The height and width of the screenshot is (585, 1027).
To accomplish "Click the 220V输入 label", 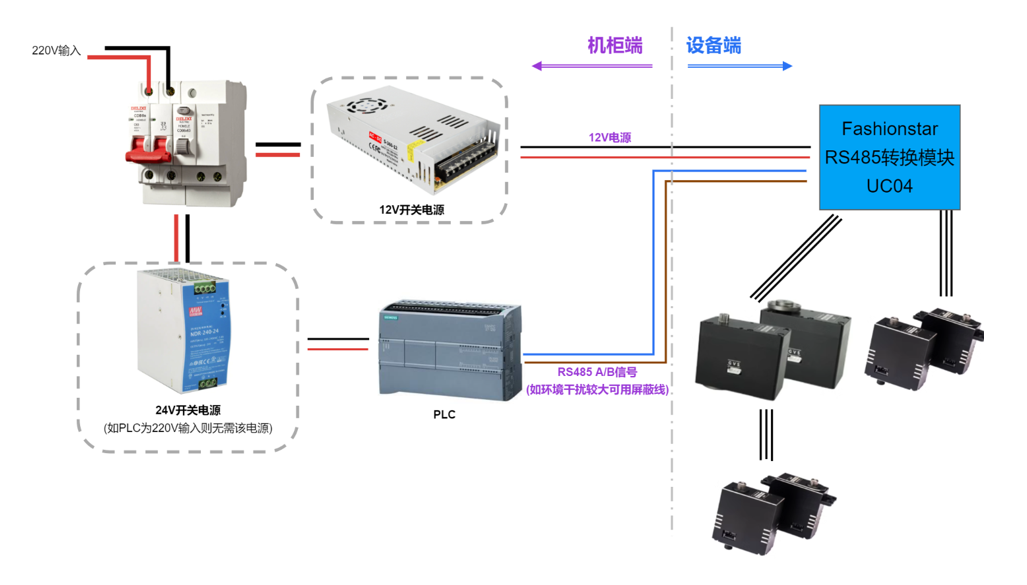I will [56, 50].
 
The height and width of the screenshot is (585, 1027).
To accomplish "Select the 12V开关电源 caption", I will [411, 210].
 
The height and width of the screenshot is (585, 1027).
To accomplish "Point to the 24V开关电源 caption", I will [188, 410].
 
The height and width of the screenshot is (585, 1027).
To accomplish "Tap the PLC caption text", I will [445, 414].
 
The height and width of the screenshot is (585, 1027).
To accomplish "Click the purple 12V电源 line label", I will [609, 138].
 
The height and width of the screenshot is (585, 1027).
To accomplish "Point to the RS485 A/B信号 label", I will [597, 373].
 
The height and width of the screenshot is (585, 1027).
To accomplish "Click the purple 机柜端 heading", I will [614, 45].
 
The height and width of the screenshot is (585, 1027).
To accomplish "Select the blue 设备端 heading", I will [714, 45].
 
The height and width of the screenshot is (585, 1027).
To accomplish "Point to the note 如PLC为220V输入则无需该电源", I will [188, 429].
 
